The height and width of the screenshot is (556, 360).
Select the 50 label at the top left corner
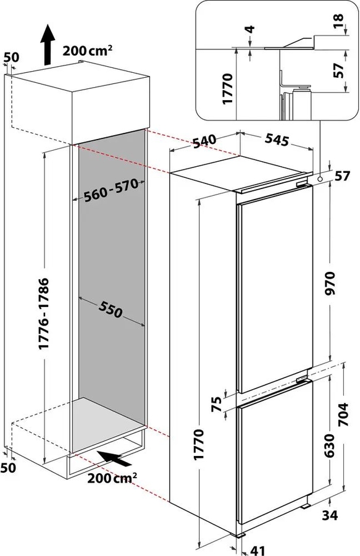click(11, 57)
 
